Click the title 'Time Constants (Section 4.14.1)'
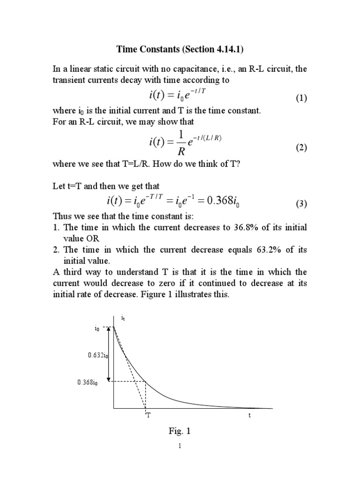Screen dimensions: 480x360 180,50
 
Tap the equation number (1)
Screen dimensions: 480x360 300,98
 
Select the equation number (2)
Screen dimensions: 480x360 300,148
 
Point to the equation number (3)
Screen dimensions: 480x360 300,204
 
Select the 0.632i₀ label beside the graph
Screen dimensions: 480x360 98,356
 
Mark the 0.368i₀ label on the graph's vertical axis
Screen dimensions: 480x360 88,382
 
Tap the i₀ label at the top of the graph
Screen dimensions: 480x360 97,329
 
